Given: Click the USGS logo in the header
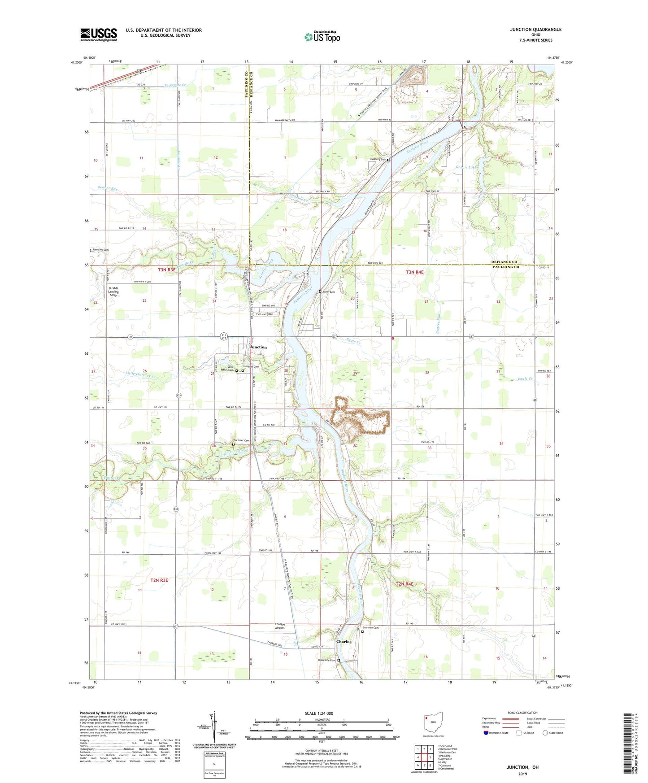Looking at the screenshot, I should (x=99, y=35).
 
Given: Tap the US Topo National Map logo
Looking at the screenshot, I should (x=322, y=36).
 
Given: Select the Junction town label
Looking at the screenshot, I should (x=258, y=347).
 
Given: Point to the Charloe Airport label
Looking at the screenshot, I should (x=280, y=626).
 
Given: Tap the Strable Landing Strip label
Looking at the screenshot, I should (x=113, y=292).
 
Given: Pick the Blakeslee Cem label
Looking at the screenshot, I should (x=326, y=660).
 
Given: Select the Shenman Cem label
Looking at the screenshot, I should (x=371, y=628).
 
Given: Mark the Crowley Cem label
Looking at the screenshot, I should (x=378, y=159).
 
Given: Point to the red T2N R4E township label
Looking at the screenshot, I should (x=404, y=584).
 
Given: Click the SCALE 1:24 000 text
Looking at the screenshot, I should (x=318, y=713).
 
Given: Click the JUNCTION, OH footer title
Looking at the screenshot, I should (x=522, y=767).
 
